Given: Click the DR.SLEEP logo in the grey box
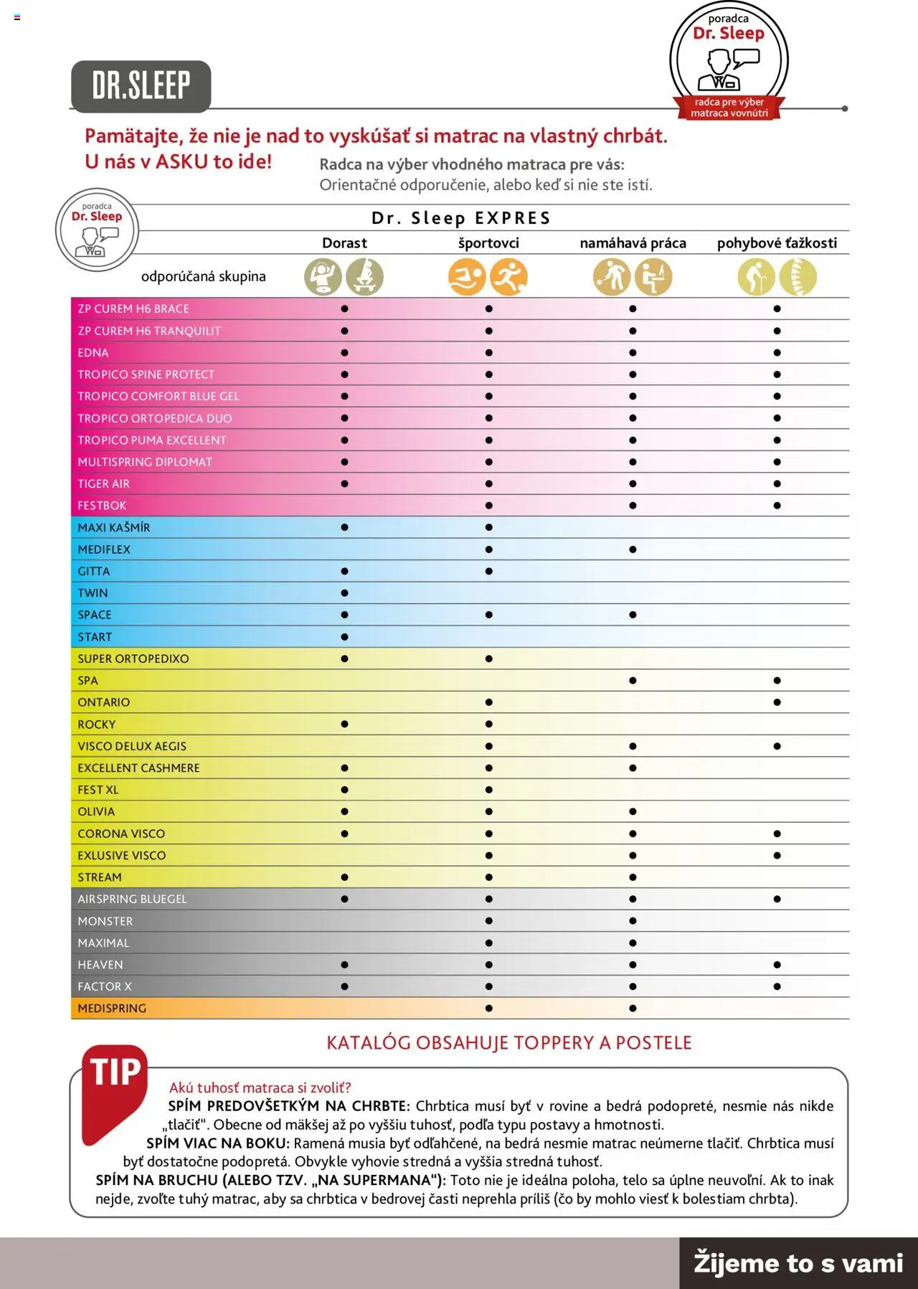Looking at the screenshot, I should tap(141, 86).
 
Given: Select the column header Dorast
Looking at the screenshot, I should tap(344, 243).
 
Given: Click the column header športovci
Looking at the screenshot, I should tap(488, 243).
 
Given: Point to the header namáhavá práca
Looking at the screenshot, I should tap(633, 243).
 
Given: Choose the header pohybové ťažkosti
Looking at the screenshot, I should tap(777, 243).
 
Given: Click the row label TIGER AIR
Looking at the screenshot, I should tap(104, 484).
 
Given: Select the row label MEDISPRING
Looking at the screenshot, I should tap(112, 1009).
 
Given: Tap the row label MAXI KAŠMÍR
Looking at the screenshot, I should tap(114, 528).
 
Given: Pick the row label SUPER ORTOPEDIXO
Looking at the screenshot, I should tap(133, 658).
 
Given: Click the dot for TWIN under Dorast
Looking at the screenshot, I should tap(344, 593).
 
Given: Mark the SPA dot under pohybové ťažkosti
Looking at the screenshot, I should tap(777, 681).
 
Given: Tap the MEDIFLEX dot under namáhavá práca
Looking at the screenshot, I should tap(633, 549).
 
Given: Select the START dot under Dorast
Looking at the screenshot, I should tap(344, 637).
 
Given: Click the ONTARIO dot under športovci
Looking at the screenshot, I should tap(488, 702).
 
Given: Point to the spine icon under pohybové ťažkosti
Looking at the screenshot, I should tap(798, 277).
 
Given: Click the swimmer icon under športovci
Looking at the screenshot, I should tap(467, 277).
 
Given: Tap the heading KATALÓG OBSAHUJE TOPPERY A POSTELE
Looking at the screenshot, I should tap(509, 1043).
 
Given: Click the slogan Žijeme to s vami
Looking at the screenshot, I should tap(798, 1263).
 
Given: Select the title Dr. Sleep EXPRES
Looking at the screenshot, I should tap(461, 218).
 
